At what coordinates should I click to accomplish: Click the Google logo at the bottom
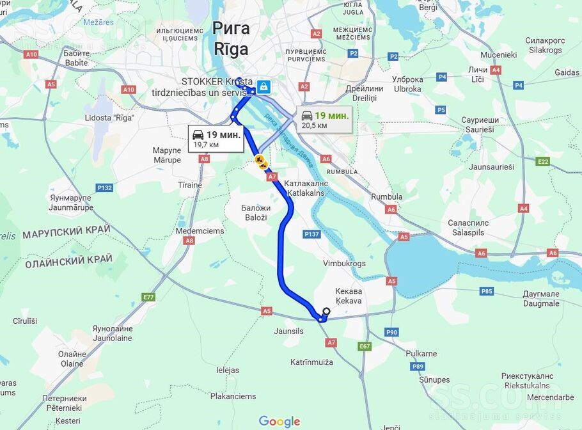pos(279,422)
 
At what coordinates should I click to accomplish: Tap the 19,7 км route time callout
pos(216,138)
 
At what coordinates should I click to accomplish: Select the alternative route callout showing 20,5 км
pos(324,119)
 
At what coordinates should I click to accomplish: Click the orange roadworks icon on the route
pos(260,161)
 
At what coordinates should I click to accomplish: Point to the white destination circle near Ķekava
pos(326,312)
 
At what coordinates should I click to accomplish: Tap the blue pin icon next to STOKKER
pos(263,87)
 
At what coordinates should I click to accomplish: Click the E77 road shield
pos(149,297)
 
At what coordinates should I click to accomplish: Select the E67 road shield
pos(365,346)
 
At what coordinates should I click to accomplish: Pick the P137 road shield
pos(312,234)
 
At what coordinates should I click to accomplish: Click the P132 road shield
pos(104,187)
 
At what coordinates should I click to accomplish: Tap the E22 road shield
pos(543,161)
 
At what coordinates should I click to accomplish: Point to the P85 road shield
pos(487,291)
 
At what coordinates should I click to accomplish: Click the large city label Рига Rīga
pos(231,38)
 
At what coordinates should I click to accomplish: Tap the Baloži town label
pos(256,212)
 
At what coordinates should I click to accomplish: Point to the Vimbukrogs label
pos(344,263)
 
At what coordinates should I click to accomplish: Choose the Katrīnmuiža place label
pos(311,362)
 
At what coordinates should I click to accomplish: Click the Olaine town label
pos(72,359)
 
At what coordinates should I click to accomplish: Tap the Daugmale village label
pos(541,299)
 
